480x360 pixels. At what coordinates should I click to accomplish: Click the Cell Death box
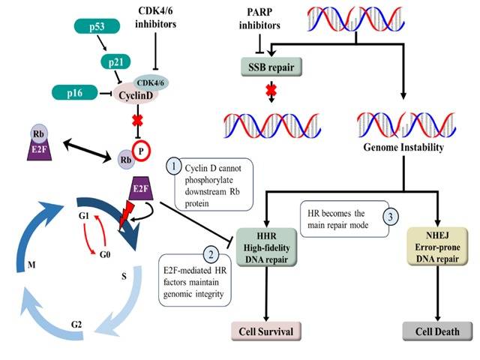(437, 330)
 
